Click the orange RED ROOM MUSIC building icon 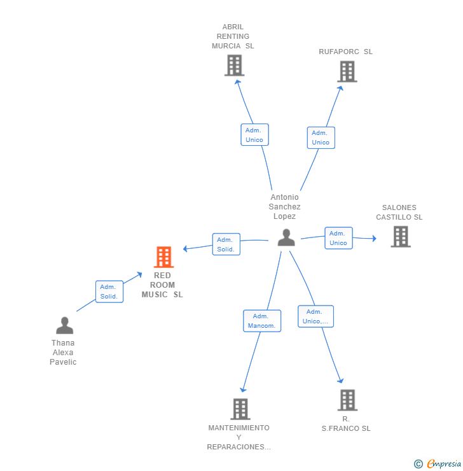click(x=163, y=257)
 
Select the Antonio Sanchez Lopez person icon click(x=286, y=237)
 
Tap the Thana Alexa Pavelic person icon click(x=64, y=325)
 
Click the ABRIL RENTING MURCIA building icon click(x=234, y=65)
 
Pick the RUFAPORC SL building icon click(x=347, y=71)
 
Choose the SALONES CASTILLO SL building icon click(x=400, y=237)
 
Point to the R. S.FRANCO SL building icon click(x=347, y=400)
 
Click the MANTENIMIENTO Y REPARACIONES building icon click(x=240, y=409)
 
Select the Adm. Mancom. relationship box click(x=262, y=321)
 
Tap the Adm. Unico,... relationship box click(x=315, y=316)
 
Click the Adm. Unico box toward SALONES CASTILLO click(x=338, y=238)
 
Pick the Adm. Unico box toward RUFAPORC click(x=321, y=137)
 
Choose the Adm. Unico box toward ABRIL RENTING click(x=254, y=135)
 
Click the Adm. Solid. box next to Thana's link click(x=109, y=292)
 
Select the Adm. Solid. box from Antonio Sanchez click(x=226, y=244)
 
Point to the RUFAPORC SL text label click(x=345, y=52)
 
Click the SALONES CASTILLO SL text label click(x=399, y=213)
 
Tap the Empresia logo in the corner click(x=444, y=464)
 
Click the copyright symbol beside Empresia click(x=418, y=464)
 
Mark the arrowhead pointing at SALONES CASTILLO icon click(x=374, y=239)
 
